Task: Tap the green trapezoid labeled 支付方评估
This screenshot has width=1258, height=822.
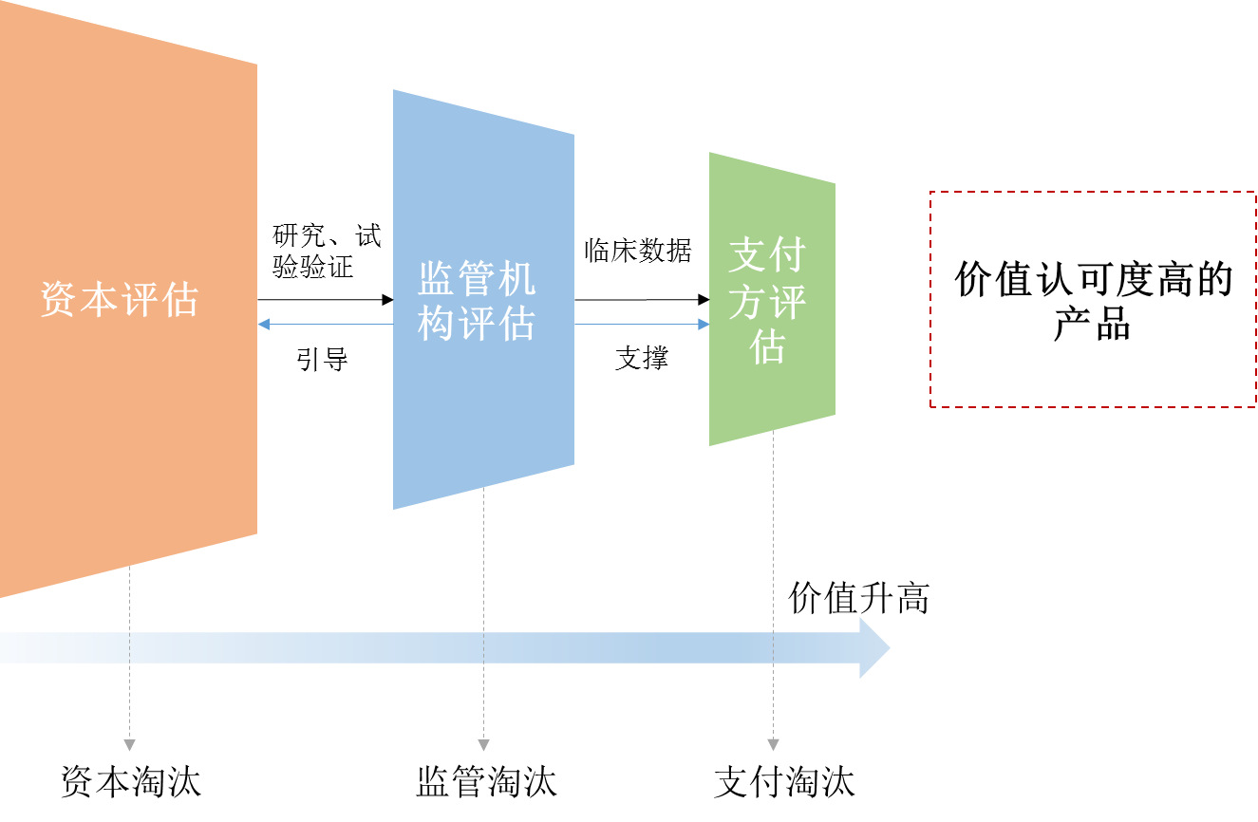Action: tap(771, 399)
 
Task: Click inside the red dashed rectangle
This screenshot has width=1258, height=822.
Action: tap(1092, 299)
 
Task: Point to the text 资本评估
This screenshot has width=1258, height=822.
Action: tap(120, 299)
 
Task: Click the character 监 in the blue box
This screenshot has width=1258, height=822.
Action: tap(437, 279)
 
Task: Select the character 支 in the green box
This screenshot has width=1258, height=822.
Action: tap(748, 256)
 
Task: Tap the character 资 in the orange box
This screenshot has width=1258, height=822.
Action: tap(59, 299)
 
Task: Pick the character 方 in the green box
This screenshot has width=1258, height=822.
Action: tap(748, 303)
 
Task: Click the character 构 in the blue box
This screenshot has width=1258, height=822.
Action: tap(437, 325)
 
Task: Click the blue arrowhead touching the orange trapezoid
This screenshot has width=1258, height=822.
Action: tap(264, 325)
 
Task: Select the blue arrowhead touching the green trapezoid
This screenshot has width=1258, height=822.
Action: tap(704, 325)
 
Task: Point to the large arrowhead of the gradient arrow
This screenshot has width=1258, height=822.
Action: tap(873, 647)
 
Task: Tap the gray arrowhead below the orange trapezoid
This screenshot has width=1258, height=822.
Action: tap(129, 745)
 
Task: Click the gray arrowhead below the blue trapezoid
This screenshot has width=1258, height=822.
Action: tap(483, 745)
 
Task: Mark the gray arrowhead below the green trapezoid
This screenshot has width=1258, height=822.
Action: tap(773, 745)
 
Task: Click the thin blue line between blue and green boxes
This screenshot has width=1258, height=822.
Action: tap(636, 325)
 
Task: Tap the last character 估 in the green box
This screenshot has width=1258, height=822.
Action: tap(768, 347)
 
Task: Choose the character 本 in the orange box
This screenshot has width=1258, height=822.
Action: tap(100, 299)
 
